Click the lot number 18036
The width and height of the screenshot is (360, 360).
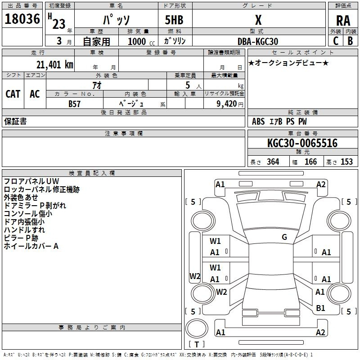pyautogui.click(x=22, y=19)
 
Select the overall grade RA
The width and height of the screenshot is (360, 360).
pyautogui.click(x=343, y=21)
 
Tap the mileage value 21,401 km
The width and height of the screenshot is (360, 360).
pyautogui.click(x=54, y=65)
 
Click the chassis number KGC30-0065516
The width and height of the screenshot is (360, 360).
pyautogui.click(x=302, y=143)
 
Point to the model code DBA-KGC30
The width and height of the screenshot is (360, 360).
pyautogui.click(x=258, y=41)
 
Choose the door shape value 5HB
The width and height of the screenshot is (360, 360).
pyautogui.click(x=174, y=20)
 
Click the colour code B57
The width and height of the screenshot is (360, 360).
pyautogui.click(x=74, y=104)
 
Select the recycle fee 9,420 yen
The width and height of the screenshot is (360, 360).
pyautogui.click(x=230, y=104)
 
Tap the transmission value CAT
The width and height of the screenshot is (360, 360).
pyautogui.click(x=13, y=94)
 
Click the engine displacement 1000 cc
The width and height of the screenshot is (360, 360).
pyautogui.click(x=141, y=41)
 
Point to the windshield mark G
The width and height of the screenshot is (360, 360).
pyautogui.click(x=284, y=237)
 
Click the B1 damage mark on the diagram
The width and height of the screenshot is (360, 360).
pyautogui.click(x=320, y=308)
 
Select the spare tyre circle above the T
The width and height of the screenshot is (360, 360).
pyautogui.click(x=197, y=328)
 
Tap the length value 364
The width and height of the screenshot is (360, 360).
pyautogui.click(x=273, y=162)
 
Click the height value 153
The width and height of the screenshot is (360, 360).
pyautogui.click(x=346, y=162)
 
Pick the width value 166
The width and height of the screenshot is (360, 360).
pyautogui.click(x=310, y=162)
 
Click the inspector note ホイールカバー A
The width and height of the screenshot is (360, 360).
pyautogui.click(x=31, y=246)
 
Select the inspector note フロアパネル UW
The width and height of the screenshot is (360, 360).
pyautogui.click(x=31, y=181)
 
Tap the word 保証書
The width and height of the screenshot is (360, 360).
pyautogui.click(x=15, y=121)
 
